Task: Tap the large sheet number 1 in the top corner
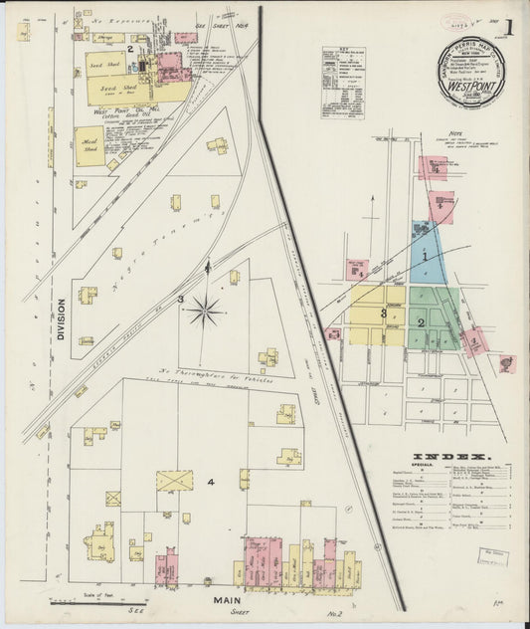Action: pyautogui.click(x=508, y=27)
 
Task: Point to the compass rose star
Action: pyautogui.click(x=206, y=311)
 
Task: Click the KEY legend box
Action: pyautogui.click(x=342, y=82)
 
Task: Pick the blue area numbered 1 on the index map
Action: pyautogui.click(x=426, y=257)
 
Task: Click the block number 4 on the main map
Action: pyautogui.click(x=210, y=483)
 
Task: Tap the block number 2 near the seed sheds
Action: pyautogui.click(x=129, y=47)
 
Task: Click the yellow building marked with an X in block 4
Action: pyautogui.click(x=174, y=481)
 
